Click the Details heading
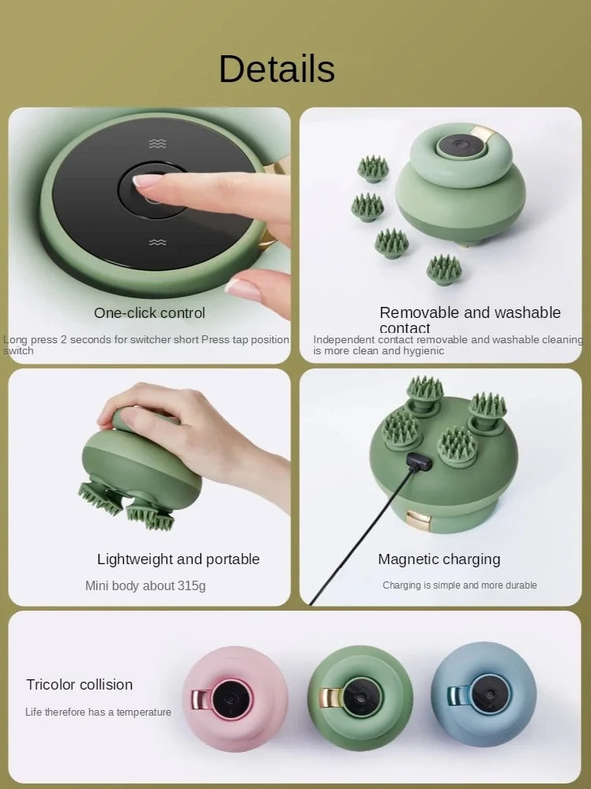[x=276, y=69]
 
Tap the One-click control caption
[x=149, y=312]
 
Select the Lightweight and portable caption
[x=178, y=559]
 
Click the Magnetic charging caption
[x=439, y=559]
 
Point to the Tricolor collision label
[x=79, y=684]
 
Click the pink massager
[x=234, y=697]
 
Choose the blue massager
[x=483, y=694]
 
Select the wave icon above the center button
[x=158, y=144]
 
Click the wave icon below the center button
[x=158, y=242]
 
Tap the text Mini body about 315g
[x=145, y=585]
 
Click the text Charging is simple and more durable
[x=459, y=585]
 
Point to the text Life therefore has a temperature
[x=98, y=712]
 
